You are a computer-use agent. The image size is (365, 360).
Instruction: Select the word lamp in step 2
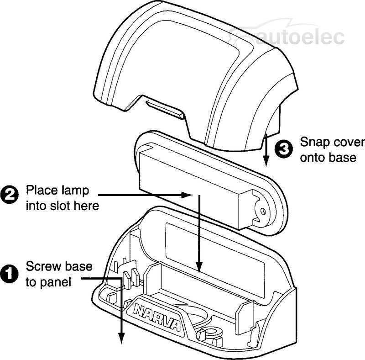tap(76, 190)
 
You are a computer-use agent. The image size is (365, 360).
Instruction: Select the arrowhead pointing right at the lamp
tap(187, 195)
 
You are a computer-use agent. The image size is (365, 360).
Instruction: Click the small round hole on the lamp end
tap(262, 211)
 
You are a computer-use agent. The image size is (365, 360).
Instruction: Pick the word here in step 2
tap(88, 206)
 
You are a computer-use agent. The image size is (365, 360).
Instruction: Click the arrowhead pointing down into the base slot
tap(199, 268)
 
